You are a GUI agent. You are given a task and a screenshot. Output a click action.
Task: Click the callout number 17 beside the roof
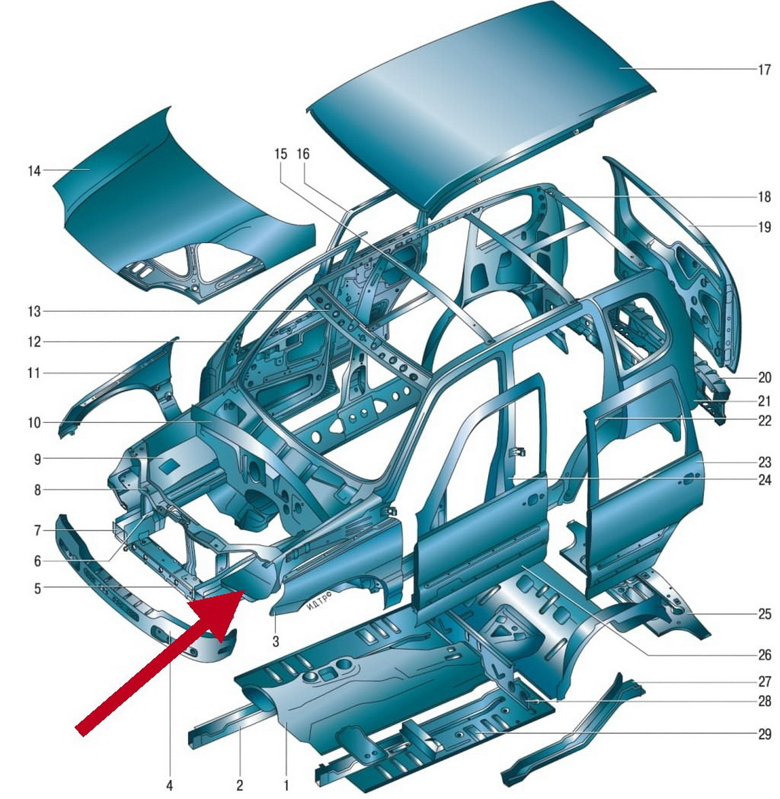point(764,70)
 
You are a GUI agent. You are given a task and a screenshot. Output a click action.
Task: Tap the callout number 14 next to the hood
point(34,171)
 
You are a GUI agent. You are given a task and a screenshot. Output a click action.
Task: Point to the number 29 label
point(764,734)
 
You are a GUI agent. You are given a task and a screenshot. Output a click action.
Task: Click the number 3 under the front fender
point(276,641)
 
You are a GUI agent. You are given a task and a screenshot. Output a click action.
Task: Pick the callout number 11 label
point(34,373)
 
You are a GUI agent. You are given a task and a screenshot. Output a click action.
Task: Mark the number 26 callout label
point(764,655)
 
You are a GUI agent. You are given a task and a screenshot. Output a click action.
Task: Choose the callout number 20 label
point(764,377)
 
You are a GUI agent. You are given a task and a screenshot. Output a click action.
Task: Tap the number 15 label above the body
point(281,154)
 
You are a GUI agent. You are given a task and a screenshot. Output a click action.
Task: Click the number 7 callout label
point(37,531)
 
